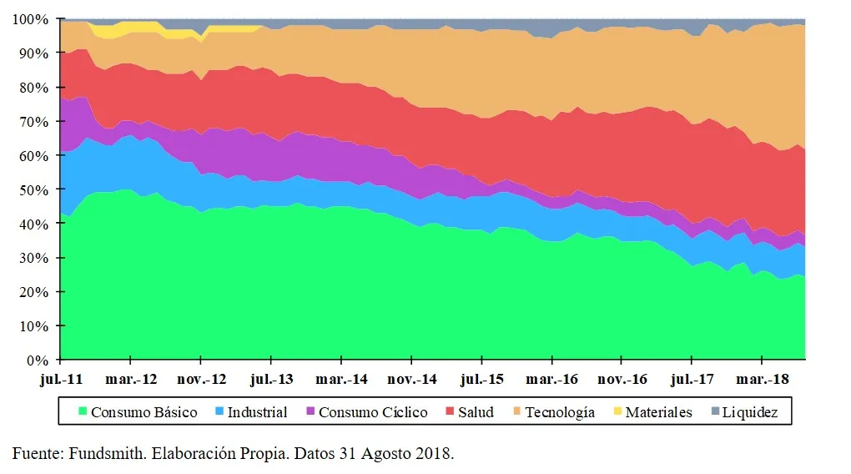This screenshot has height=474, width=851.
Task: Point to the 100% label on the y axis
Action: pyautogui.click(x=33, y=18)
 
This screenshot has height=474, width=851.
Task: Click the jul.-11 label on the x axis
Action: pyautogui.click(x=61, y=379)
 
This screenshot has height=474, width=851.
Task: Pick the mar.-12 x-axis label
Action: pyautogui.click(x=131, y=379)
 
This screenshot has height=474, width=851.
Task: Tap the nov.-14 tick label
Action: pyautogui.click(x=411, y=379)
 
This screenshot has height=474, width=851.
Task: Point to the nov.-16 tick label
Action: pyautogui.click(x=622, y=379)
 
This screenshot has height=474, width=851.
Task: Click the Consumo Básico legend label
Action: pyautogui.click(x=144, y=412)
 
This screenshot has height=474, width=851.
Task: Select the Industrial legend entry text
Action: pyautogui.click(x=257, y=412)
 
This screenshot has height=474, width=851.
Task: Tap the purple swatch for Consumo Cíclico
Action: pyautogui.click(x=311, y=412)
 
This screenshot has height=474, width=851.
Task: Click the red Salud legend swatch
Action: pyautogui.click(x=450, y=412)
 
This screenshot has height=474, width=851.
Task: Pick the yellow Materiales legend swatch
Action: pyautogui.click(x=617, y=412)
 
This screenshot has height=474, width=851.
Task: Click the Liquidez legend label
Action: pyautogui.click(x=750, y=412)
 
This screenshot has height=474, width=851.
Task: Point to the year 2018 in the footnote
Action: pyautogui.click(x=434, y=454)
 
